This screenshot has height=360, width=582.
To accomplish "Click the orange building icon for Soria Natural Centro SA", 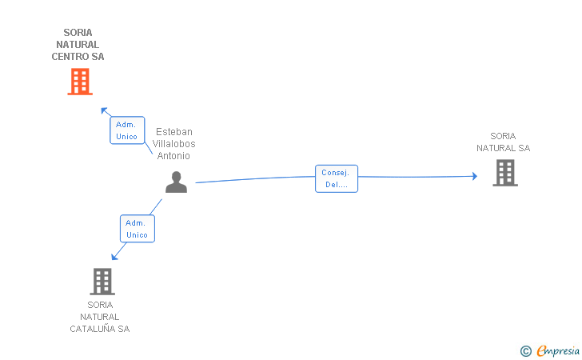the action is click(x=79, y=82).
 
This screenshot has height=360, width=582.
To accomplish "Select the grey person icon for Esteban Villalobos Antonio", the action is click(x=176, y=182).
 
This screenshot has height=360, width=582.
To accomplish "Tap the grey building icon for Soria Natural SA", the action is click(x=504, y=173).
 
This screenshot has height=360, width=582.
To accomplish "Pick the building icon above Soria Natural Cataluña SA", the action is click(x=102, y=281).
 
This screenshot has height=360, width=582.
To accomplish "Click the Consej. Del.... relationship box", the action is click(x=336, y=178).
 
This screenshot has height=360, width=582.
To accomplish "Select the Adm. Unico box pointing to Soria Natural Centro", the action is click(x=126, y=130).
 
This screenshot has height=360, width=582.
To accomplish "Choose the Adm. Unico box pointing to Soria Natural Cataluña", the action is click(x=137, y=229).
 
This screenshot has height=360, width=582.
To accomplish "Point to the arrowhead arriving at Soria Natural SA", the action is click(x=474, y=176).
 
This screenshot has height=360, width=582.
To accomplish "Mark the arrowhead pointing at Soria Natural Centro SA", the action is click(x=103, y=110).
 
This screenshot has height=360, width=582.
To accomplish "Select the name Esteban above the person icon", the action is click(x=173, y=132).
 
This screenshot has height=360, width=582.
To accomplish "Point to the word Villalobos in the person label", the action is click(x=173, y=144).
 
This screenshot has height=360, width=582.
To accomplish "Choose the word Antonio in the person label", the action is click(x=173, y=156).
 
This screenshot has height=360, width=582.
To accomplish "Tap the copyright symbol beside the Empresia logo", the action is click(x=525, y=350).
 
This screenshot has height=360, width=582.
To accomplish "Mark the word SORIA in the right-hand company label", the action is click(x=503, y=136).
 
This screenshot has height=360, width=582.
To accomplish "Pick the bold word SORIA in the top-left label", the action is click(x=78, y=33).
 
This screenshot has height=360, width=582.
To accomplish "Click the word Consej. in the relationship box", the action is click(x=336, y=173).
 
